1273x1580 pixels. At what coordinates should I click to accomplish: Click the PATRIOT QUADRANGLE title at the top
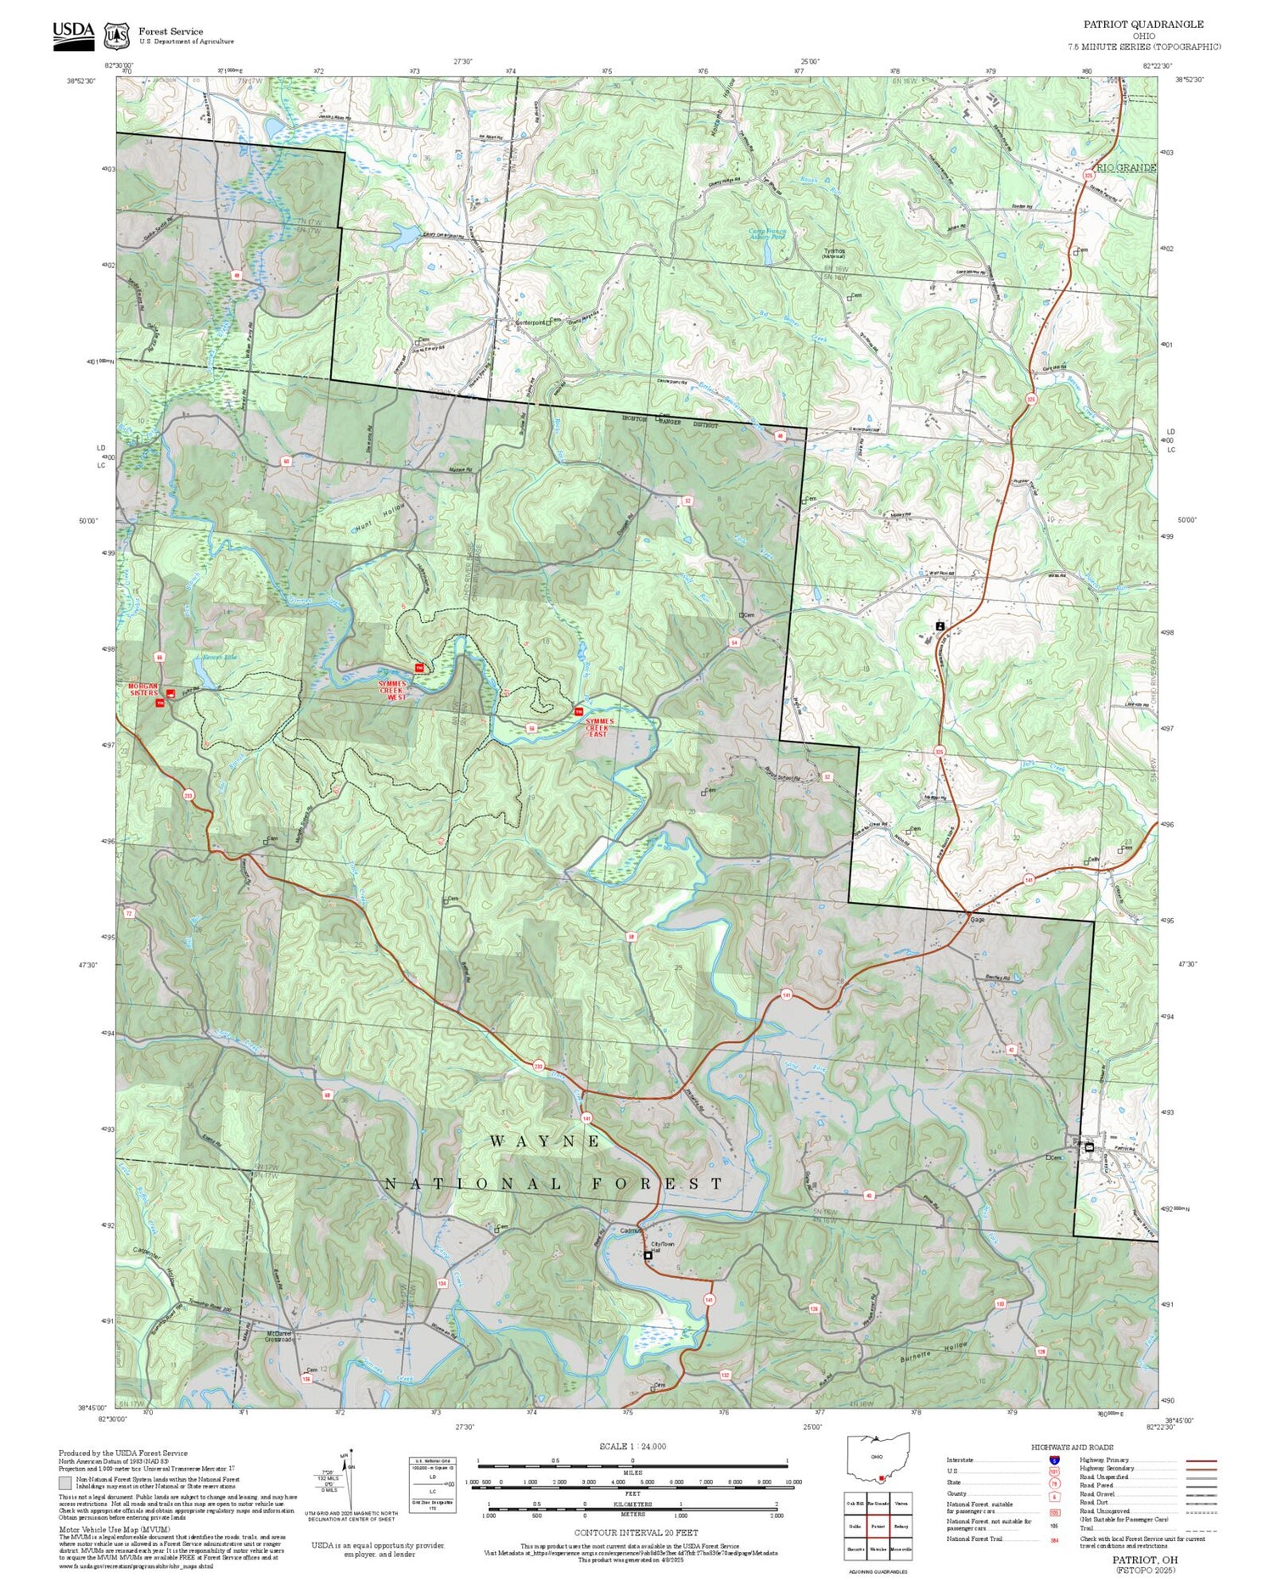[1142, 25]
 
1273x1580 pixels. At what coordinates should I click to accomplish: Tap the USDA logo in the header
[74, 35]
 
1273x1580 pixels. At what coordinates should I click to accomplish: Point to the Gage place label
[977, 919]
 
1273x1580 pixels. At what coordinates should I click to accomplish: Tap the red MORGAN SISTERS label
[143, 689]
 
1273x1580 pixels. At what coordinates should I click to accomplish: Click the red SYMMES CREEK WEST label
[392, 690]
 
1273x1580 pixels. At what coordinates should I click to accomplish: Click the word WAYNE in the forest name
[546, 1141]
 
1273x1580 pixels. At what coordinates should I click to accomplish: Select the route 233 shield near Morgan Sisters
[188, 795]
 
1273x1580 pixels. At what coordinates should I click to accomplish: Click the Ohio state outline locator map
[878, 1458]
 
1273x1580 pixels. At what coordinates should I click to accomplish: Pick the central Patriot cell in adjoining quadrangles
[878, 1525]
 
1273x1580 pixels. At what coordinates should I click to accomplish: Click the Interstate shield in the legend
[1054, 1460]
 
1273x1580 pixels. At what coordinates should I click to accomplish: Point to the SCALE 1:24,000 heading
[632, 1446]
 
